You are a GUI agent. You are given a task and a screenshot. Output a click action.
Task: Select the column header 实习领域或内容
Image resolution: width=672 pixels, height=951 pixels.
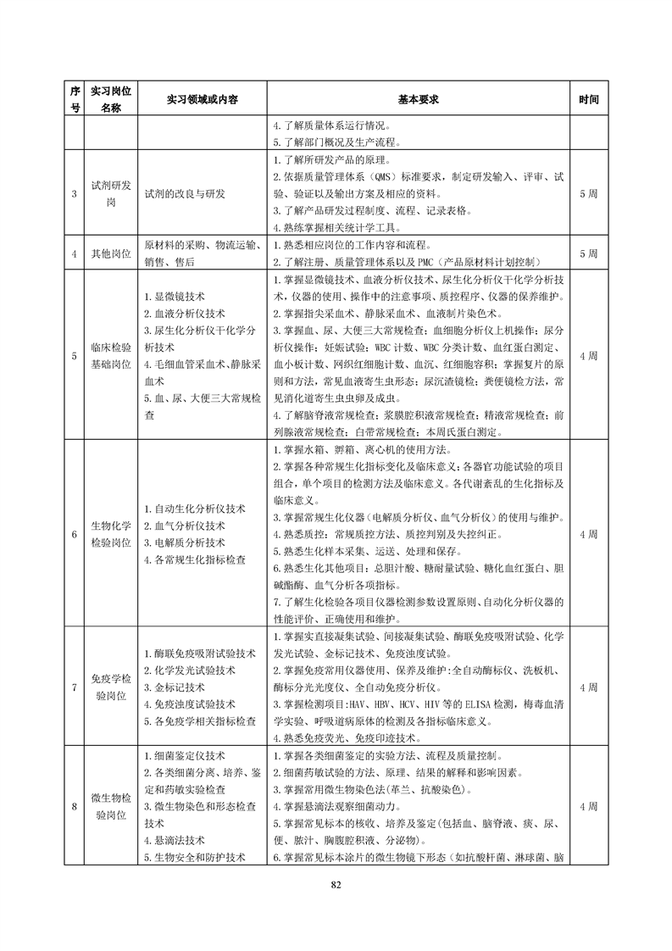coord(203,99)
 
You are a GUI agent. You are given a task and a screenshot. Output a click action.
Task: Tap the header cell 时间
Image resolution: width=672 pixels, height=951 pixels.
coord(589,99)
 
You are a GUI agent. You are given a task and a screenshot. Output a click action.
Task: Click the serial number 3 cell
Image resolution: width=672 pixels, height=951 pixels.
coord(75,194)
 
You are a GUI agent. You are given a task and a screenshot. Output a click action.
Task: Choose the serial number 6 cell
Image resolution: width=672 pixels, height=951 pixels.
coord(75,535)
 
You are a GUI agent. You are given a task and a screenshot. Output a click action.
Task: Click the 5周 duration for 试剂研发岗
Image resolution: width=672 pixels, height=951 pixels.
coord(589,194)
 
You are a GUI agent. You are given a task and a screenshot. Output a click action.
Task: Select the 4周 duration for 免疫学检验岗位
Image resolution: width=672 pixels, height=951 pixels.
coord(589,687)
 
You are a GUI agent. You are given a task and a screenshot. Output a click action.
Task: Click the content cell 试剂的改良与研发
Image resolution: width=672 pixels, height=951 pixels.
coord(185,194)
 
